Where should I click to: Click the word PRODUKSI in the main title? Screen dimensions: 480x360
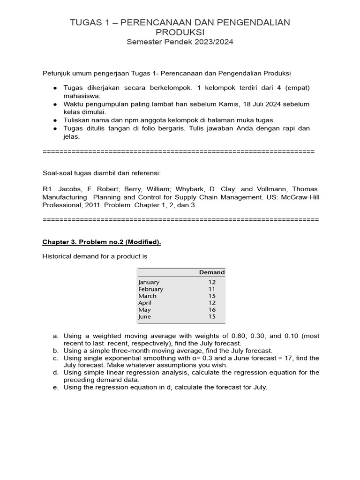point(180,31)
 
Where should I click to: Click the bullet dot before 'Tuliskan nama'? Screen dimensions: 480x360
point(55,120)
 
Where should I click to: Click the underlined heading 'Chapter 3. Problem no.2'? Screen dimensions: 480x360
point(102,242)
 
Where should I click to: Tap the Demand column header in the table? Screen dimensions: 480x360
point(211,272)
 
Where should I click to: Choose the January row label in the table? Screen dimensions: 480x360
point(149,282)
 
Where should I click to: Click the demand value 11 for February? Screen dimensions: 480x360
point(212,289)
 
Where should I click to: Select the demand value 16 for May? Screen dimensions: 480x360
point(212,310)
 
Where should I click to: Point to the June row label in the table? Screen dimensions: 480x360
point(144,316)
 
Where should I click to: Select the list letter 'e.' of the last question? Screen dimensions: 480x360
point(55,387)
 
